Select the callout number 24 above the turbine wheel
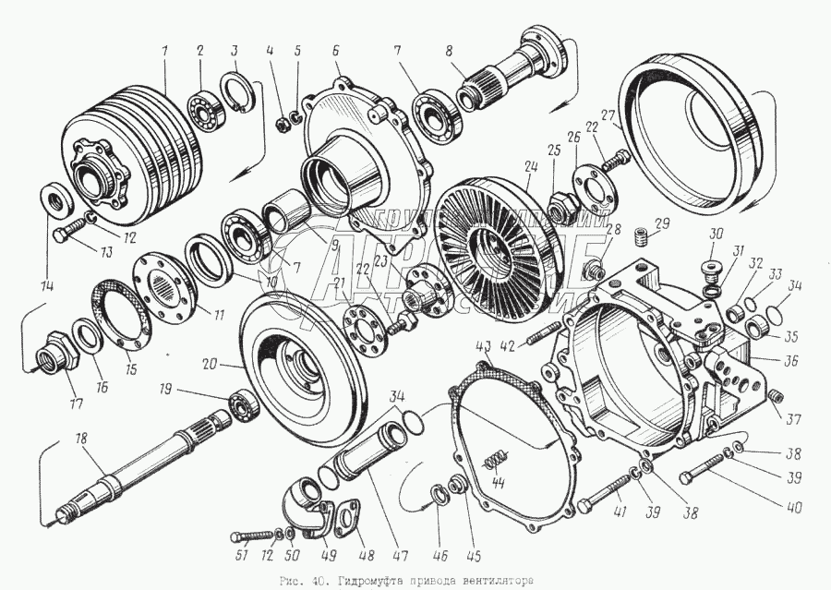[x=529, y=170]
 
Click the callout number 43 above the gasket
[x=483, y=345]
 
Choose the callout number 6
[x=335, y=50]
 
